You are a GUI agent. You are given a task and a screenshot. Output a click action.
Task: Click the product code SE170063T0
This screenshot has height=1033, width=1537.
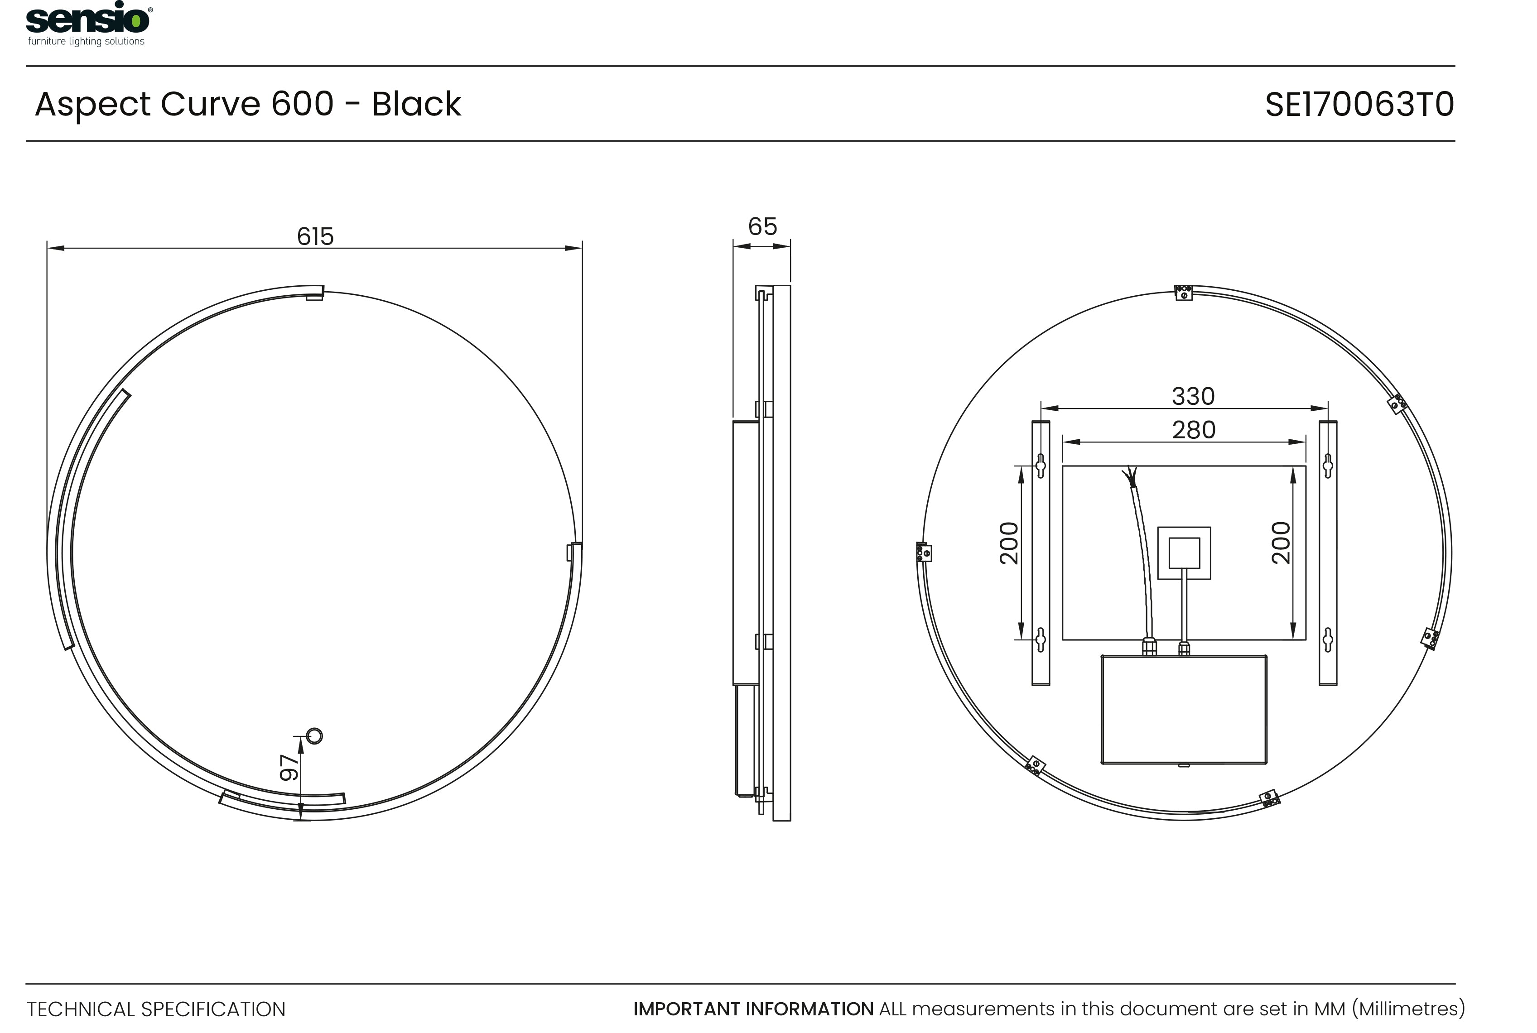(1359, 105)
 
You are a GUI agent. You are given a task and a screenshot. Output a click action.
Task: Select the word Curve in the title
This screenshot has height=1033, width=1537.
(210, 104)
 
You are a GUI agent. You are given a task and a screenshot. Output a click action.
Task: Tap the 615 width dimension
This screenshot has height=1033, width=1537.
(315, 236)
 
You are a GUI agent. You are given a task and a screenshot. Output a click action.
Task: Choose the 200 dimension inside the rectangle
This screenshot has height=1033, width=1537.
(1280, 543)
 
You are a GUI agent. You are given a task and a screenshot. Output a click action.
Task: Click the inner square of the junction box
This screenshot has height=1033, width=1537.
(1184, 553)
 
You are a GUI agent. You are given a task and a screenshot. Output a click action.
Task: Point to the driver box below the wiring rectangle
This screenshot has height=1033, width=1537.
(1183, 710)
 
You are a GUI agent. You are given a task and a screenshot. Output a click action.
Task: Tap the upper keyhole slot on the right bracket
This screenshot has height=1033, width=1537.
(1328, 466)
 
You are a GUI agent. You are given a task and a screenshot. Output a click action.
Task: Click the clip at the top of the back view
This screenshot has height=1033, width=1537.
(1183, 292)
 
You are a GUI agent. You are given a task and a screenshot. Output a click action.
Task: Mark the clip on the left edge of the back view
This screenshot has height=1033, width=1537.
(924, 552)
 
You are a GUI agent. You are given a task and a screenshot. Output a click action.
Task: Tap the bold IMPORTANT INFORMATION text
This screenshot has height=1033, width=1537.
(753, 1009)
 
